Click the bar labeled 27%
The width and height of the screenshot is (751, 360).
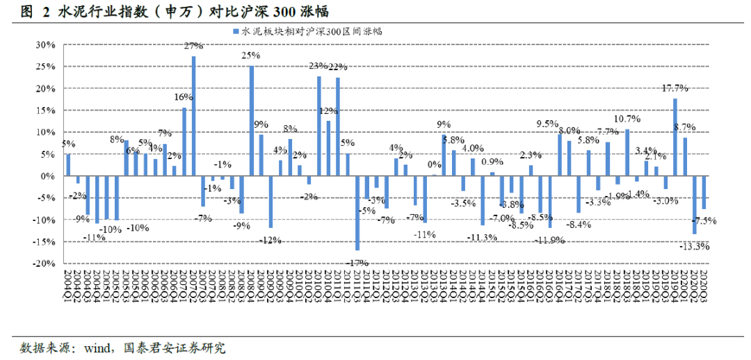point(193,116)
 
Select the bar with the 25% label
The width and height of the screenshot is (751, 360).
point(251,121)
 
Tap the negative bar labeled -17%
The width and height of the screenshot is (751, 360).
point(357,213)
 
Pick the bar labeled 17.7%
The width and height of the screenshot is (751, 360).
point(675,137)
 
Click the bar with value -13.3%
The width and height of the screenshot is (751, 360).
point(694,205)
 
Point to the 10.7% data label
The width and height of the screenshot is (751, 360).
point(627,119)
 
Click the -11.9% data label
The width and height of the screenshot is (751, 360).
point(549,240)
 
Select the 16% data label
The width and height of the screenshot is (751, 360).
point(184,97)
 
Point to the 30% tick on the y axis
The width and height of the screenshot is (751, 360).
point(45,44)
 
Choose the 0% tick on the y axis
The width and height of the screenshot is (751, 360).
point(48,177)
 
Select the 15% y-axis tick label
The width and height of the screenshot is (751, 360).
point(45,111)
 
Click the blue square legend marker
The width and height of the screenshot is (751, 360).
point(236,31)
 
